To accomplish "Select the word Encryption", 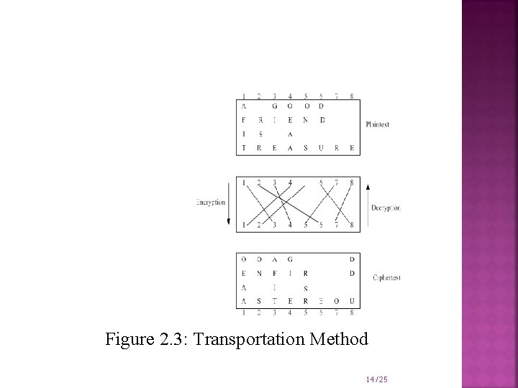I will pyautogui.click(x=210, y=203).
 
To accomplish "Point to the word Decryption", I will pyautogui.click(x=386, y=208).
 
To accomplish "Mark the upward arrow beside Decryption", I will pyautogui.click(x=368, y=203).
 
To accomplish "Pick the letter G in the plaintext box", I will pyautogui.click(x=274, y=106).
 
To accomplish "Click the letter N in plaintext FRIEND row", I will pyautogui.click(x=306, y=120).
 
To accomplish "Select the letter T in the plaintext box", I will pyautogui.click(x=243, y=147).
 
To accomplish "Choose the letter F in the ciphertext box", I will pyautogui.click(x=274, y=273).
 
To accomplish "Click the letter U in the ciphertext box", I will pyautogui.click(x=352, y=301).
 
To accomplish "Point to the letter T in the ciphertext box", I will pyautogui.click(x=274, y=301).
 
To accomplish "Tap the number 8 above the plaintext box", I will pyautogui.click(x=352, y=96).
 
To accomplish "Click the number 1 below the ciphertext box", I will pyautogui.click(x=243, y=313).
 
